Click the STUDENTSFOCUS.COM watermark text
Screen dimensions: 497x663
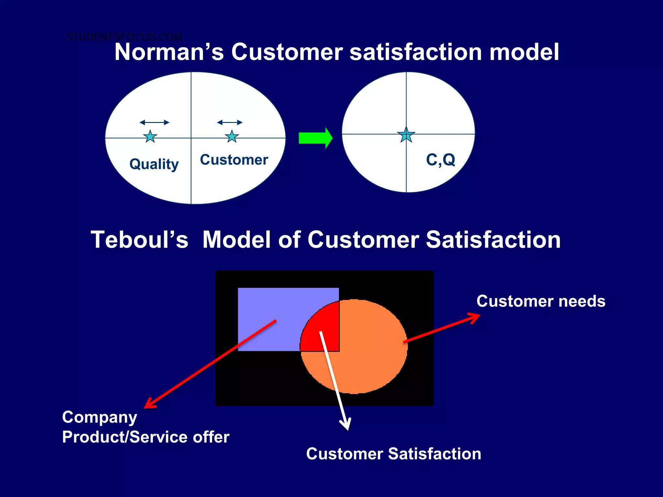(x=124, y=37)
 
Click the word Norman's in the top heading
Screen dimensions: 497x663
(x=169, y=52)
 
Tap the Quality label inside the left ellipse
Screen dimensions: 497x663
(x=154, y=164)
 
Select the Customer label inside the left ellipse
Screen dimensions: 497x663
(x=234, y=160)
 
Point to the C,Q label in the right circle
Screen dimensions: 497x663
(x=441, y=160)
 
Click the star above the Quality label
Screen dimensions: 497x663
(x=150, y=137)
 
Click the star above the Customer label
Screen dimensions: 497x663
(x=232, y=137)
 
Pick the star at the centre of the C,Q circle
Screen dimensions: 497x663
(x=406, y=135)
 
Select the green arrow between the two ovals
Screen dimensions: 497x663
(x=315, y=138)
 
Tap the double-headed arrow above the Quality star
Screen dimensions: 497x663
(x=154, y=122)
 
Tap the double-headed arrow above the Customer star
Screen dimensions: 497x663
(x=230, y=122)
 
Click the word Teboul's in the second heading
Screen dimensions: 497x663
(x=139, y=240)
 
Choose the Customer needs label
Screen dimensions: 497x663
(x=541, y=301)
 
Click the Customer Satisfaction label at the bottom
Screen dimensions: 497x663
(x=393, y=454)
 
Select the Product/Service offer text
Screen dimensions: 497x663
(x=146, y=437)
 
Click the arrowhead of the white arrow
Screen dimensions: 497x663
(x=346, y=425)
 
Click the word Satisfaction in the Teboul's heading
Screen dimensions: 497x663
(x=493, y=240)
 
